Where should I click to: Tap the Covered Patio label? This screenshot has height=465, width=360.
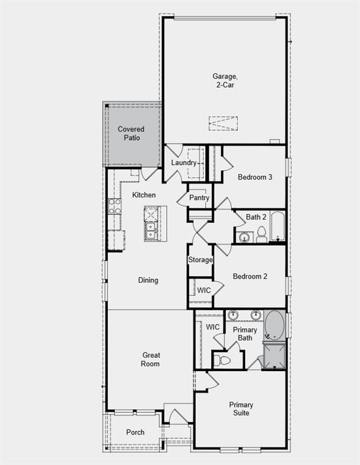(x=131, y=133)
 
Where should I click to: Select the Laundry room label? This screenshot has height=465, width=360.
(x=183, y=163)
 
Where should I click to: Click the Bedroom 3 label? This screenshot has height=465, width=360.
(x=254, y=177)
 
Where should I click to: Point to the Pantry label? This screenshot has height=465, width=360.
(x=199, y=198)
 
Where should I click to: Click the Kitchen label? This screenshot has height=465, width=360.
(x=144, y=195)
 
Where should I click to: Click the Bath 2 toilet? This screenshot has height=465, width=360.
(x=261, y=234)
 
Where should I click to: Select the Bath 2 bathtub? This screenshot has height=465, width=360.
(x=278, y=226)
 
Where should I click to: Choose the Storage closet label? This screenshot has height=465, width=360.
(x=200, y=260)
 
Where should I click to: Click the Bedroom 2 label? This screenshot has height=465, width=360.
(x=250, y=276)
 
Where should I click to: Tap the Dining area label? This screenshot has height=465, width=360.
(x=148, y=280)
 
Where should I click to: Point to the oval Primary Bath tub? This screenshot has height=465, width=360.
(x=273, y=325)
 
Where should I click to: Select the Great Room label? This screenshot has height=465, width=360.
(x=151, y=360)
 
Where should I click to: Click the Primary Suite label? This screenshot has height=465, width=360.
(x=241, y=409)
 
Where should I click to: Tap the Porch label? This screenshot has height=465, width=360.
(x=136, y=432)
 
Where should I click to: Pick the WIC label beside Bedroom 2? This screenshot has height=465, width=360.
(x=204, y=290)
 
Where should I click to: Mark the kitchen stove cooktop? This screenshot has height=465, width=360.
(x=114, y=206)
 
